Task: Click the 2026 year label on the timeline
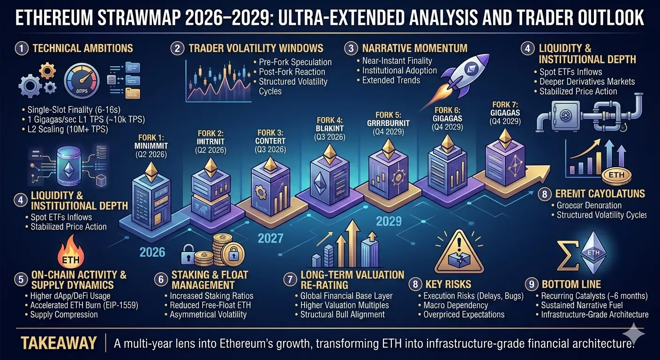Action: coord(153,252)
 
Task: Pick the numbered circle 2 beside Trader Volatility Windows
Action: coord(177,48)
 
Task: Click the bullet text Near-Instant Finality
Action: coord(397,60)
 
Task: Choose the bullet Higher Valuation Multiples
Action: coord(345,305)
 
